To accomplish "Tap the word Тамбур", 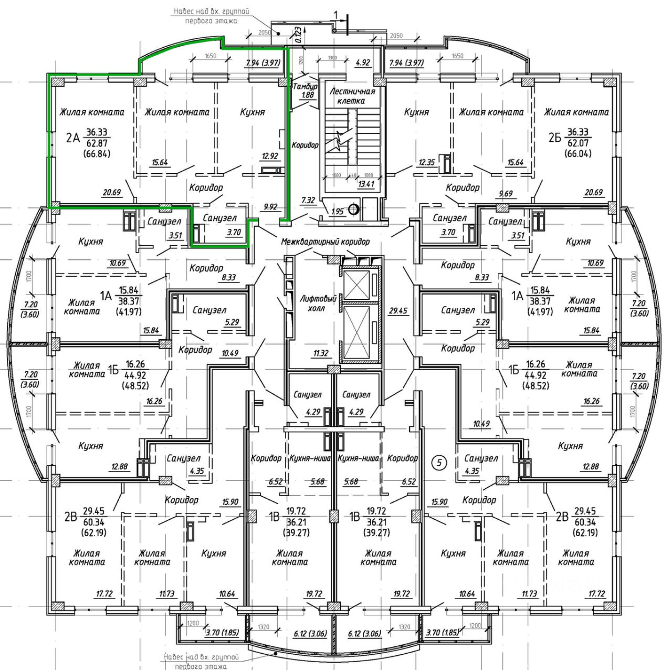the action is [305, 87].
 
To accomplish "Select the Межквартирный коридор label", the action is [325, 242].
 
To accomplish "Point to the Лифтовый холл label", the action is [318, 303].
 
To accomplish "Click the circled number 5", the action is [438, 463].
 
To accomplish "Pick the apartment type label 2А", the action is [73, 139].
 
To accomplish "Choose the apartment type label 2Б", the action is [554, 138].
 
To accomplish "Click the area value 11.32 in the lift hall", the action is [320, 353].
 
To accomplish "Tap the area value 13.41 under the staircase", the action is [366, 183].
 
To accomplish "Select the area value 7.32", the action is [308, 200].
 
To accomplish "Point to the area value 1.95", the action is [338, 212].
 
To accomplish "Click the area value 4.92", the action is [363, 62].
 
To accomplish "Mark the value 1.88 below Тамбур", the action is [308, 95].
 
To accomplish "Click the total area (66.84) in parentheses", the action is [97, 154].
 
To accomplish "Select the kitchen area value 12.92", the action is [270, 156].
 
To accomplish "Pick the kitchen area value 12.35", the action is [426, 162].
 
